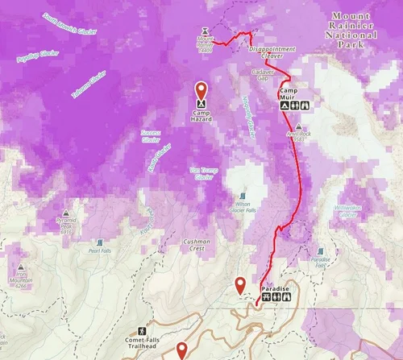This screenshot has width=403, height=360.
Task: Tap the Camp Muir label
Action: pos(289,93)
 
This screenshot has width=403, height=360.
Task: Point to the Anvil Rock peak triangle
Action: pos(299,126)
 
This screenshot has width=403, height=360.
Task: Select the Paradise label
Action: pos(275,288)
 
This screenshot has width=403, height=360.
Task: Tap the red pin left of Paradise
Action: pos(239,283)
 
